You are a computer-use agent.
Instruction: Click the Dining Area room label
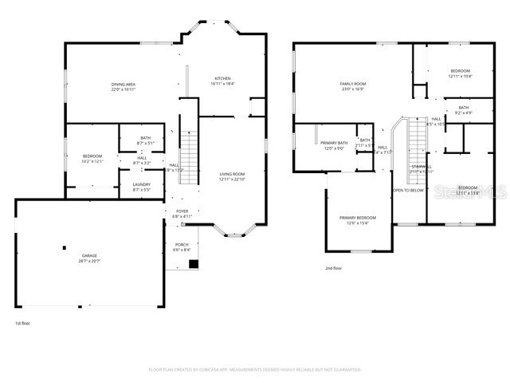(x=123, y=84)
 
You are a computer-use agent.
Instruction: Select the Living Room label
(x=232, y=174)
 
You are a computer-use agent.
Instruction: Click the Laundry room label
(x=142, y=185)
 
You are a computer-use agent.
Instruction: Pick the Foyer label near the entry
(x=183, y=212)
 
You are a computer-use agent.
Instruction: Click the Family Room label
(x=352, y=84)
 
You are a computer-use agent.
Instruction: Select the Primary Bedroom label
(x=357, y=218)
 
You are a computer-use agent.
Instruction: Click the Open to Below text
(x=407, y=191)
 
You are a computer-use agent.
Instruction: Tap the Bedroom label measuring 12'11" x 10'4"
(x=459, y=71)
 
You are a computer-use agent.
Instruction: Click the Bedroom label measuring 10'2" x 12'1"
(x=92, y=156)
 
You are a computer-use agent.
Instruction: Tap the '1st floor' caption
(x=23, y=323)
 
